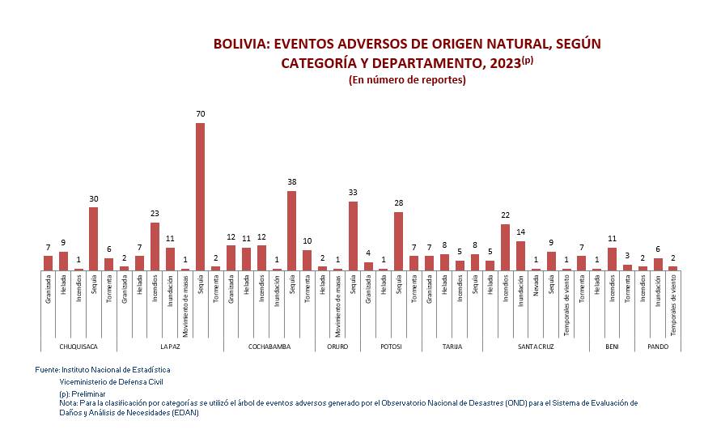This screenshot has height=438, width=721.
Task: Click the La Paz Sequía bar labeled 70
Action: click(200, 197)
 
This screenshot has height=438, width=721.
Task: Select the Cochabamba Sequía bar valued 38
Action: click(291, 231)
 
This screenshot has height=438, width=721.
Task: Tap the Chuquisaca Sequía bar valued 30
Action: click(94, 239)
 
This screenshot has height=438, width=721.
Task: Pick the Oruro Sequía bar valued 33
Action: click(353, 236)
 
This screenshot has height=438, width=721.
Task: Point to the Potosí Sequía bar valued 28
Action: click(399, 241)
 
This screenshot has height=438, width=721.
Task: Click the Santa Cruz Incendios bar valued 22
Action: click(506, 247)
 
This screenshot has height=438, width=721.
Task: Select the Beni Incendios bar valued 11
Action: click(613, 259)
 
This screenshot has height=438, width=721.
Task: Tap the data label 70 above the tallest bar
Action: click(200, 114)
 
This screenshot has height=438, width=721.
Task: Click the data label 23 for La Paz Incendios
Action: click(155, 214)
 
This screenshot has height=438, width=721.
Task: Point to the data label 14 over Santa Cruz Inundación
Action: click(521, 232)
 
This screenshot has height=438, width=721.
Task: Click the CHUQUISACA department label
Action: click(78, 346)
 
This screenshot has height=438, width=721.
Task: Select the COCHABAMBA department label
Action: click(269, 346)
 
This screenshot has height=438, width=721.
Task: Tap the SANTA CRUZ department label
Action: click(536, 346)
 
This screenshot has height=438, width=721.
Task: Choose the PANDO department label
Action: click(658, 346)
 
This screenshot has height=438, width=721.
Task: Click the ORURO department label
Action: click(337, 346)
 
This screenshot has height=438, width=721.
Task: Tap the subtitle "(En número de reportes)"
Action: click(407, 80)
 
